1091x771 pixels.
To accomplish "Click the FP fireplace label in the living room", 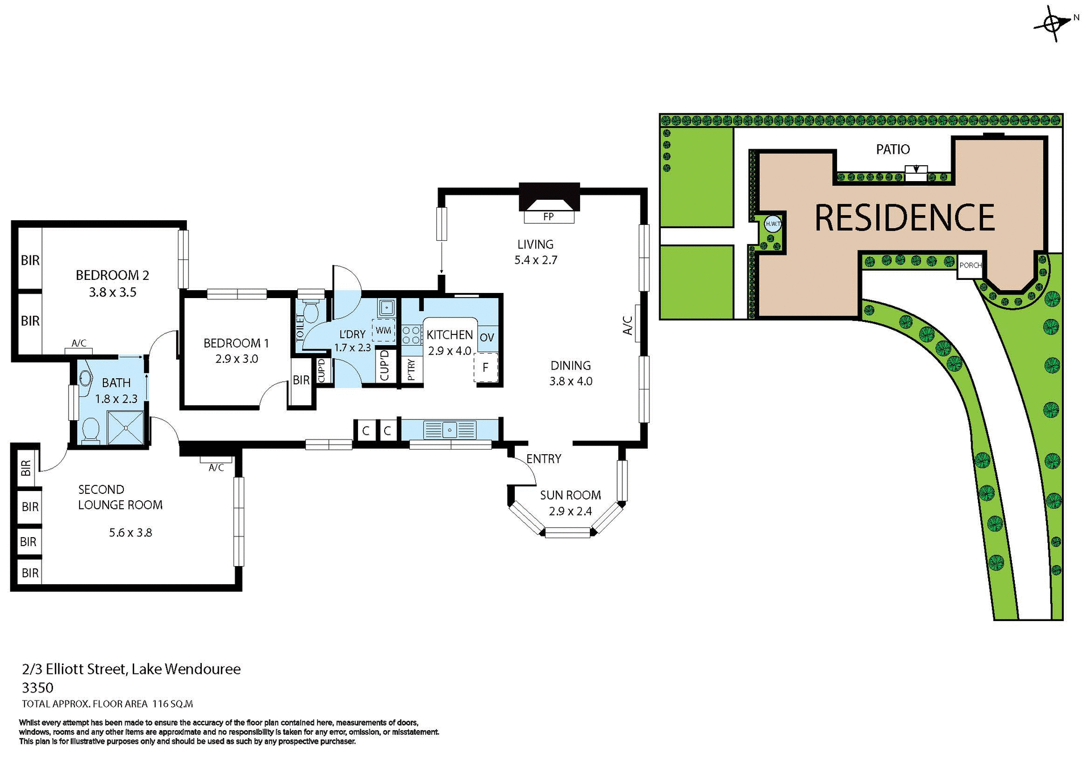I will tap(548, 216).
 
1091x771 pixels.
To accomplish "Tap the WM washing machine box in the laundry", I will tap(384, 330).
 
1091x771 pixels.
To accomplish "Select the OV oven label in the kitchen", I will tap(487, 337).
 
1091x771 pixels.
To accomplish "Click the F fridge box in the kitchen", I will tap(486, 367).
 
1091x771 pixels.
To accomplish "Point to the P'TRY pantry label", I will tap(411, 370).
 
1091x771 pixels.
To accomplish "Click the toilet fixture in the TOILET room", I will tap(310, 311).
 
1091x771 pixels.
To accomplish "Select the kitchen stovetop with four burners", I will tap(411, 334).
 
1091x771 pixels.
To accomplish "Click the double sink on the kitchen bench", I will tap(450, 430).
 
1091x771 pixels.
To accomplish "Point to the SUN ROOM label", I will tap(570, 495).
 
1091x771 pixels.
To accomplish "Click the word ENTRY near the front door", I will tap(543, 459).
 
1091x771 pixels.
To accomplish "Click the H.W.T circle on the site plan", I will tap(773, 224).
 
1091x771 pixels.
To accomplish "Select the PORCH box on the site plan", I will tap(970, 266).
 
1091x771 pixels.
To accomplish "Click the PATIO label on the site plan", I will tap(893, 149).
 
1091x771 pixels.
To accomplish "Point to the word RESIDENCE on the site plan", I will tap(905, 217).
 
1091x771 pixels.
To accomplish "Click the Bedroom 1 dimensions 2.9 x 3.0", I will tap(236, 359).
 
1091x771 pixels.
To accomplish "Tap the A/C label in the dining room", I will tap(628, 326).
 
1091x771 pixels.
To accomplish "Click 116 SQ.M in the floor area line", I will tap(173, 704).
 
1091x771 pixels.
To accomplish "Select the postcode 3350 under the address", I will tap(38, 688).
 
